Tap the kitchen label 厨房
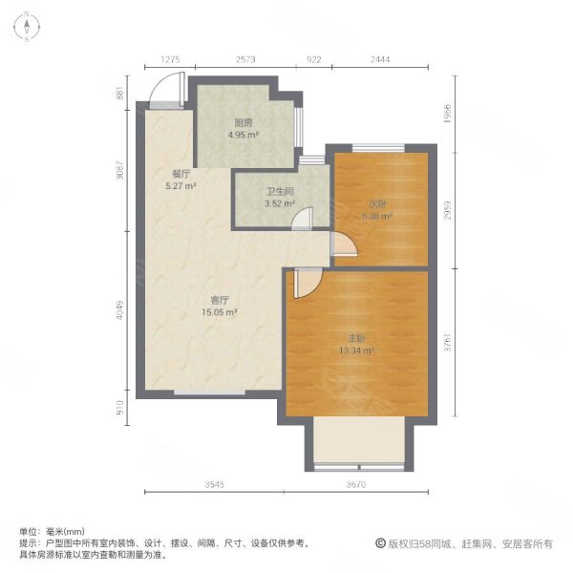(x=243, y=123)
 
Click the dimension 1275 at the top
(x=170, y=59)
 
